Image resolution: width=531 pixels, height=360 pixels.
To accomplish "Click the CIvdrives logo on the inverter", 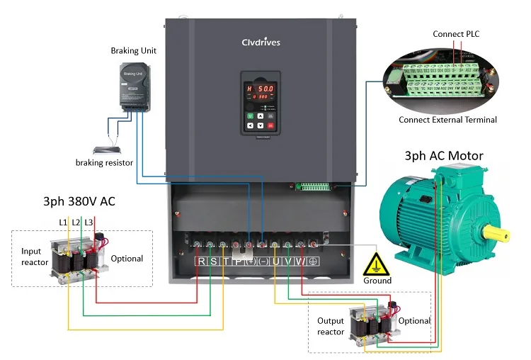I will [261, 43].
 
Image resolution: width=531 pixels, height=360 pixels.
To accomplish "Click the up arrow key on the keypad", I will [261, 115].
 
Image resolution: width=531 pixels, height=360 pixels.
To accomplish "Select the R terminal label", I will [201, 261].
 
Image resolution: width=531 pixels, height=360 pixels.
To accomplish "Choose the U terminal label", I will [275, 261].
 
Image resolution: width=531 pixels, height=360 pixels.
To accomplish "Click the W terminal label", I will [299, 261].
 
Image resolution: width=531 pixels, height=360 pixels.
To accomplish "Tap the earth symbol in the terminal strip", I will [312, 261].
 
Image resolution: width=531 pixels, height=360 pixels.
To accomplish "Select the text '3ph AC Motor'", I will [444, 156].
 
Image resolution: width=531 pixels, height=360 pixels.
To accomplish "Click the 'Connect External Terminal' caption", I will [447, 120].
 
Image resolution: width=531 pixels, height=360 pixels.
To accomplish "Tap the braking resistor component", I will [106, 150].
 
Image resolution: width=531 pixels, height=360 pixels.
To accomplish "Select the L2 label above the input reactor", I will [76, 223].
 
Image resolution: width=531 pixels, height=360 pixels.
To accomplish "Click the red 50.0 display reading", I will [265, 88].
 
